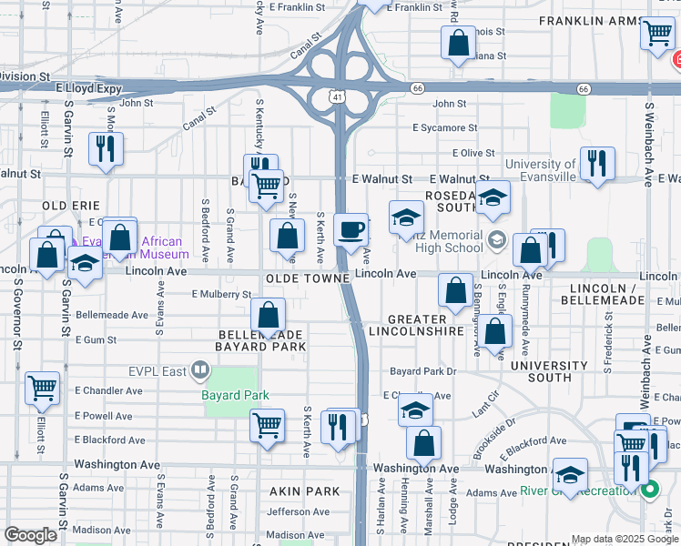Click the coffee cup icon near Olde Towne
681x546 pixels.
pos(351,229)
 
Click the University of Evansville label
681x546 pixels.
pos(553,170)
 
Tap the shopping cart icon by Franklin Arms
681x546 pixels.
pos(656,35)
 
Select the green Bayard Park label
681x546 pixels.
pos(235,395)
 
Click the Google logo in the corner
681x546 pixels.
pos(30,535)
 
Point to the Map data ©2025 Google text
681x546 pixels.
pos(625,539)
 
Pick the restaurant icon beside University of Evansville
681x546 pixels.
pos(597,164)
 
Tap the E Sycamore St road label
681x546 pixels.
pos(444,128)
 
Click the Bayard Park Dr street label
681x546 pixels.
pos(422,371)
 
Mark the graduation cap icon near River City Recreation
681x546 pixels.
pos(571,475)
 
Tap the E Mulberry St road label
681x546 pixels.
pos(221,294)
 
